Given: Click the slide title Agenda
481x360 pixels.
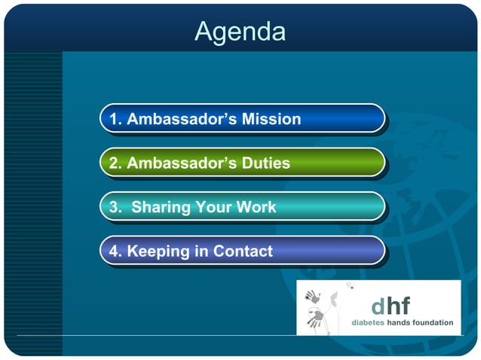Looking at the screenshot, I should pos(240,32).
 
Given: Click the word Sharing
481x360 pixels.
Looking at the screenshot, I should pos(161,207).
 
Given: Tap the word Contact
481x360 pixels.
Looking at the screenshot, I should pos(243,252).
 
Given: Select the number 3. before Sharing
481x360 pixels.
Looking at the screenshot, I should pos(116,207).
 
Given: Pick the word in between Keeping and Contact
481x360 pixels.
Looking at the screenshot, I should pos(201,252).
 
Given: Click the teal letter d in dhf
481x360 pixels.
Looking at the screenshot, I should pos(378,307).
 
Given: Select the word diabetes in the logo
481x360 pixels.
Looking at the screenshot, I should pos(367,322).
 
